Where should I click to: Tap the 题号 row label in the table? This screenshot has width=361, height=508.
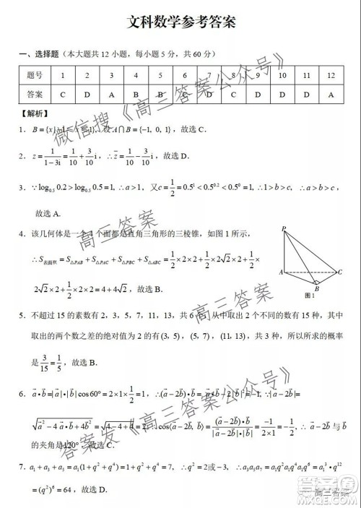point(35,75)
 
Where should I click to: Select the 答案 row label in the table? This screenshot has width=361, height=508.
point(35,94)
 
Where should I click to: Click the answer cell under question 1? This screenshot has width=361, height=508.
point(64,94)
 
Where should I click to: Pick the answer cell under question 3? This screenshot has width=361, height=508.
point(112,94)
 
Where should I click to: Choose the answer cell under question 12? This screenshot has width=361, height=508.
point(331,94)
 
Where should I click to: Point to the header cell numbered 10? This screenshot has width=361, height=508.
point(282,75)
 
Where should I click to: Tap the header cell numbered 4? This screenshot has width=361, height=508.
point(136,75)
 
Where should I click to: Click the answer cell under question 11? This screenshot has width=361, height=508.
point(307,94)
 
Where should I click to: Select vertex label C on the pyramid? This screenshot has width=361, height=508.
point(339,272)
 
